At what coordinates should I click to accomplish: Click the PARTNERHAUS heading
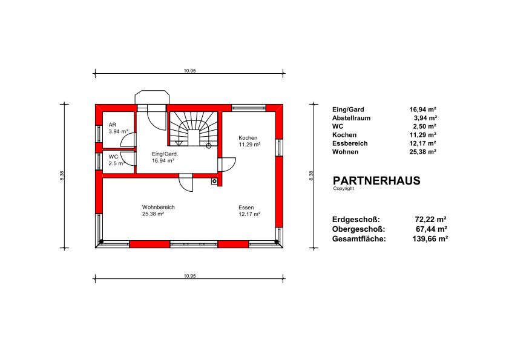click(x=376, y=180)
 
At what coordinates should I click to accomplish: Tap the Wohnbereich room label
click(x=159, y=207)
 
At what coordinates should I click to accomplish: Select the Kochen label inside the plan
click(x=248, y=137)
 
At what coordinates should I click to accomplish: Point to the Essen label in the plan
click(x=246, y=208)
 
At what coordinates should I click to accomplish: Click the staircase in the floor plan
click(x=194, y=129)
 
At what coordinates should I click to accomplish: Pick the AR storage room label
click(x=113, y=125)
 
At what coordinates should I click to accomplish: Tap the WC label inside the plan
click(x=113, y=157)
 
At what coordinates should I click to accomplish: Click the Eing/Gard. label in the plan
click(x=165, y=154)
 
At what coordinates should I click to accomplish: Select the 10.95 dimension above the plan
click(x=189, y=70)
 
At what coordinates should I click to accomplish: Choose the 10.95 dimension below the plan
click(x=189, y=276)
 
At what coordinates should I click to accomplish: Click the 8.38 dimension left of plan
click(x=62, y=175)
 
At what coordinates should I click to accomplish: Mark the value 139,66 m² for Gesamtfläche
click(x=430, y=239)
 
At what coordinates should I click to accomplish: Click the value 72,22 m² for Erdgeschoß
click(x=430, y=220)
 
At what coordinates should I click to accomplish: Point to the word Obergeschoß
click(x=358, y=229)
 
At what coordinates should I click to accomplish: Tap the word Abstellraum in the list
click(x=351, y=118)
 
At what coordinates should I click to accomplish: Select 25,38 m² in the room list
click(x=422, y=152)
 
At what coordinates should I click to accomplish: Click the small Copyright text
click(x=343, y=189)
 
